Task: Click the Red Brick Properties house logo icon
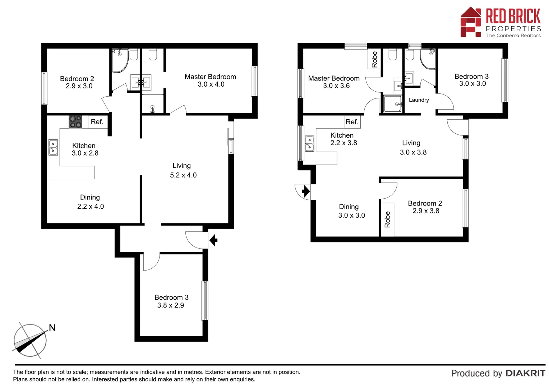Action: click(470, 22)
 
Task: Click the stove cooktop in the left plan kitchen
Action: click(75, 121)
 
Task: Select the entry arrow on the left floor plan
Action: click(213, 240)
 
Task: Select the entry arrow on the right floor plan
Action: click(306, 191)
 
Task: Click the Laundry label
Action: click(419, 100)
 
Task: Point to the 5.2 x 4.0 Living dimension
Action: click(183, 175)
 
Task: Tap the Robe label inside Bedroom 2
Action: click(387, 219)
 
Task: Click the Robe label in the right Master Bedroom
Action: click(374, 59)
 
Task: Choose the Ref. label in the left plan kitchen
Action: click(97, 122)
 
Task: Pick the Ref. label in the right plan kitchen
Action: click(352, 122)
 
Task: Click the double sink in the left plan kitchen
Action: click(53, 147)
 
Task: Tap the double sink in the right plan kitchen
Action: click(309, 143)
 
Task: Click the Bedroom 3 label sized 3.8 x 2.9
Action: click(171, 301)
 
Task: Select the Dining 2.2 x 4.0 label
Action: click(90, 202)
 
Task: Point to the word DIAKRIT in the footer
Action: click(525, 373)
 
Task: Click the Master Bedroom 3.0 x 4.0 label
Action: click(211, 80)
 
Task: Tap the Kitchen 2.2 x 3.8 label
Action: click(343, 139)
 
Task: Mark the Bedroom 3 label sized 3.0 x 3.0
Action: click(472, 80)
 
